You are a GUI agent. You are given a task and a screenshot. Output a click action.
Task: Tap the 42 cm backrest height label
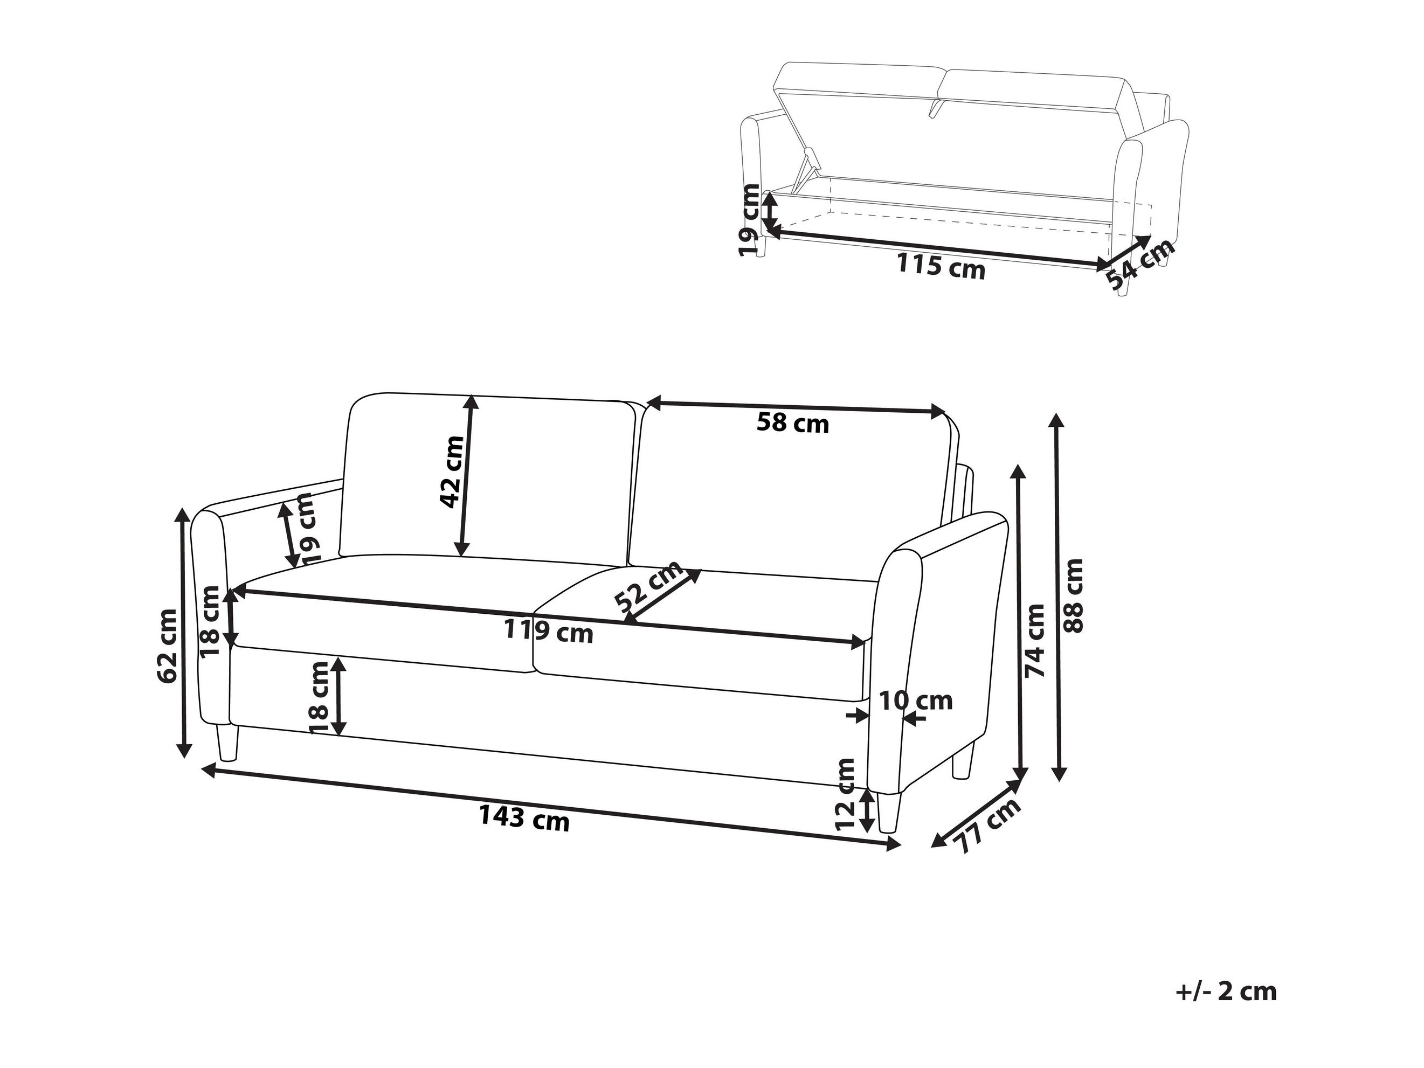(x=452, y=472)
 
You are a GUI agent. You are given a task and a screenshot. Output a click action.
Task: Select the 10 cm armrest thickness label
(x=915, y=701)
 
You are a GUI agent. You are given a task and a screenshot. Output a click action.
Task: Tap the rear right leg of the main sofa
(x=963, y=759)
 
